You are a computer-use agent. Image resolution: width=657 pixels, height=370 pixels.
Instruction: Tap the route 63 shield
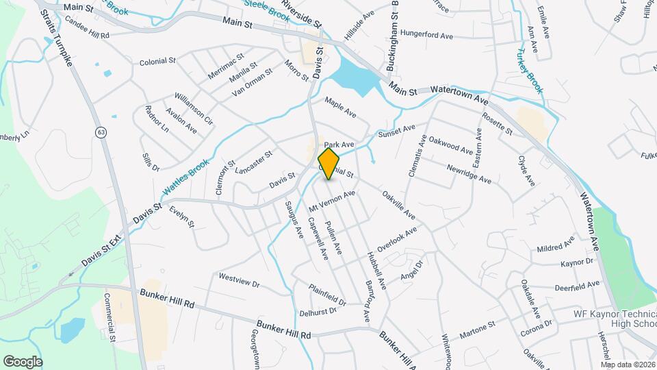point(101,132)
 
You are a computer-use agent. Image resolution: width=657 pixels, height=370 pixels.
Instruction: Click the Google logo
point(23,361)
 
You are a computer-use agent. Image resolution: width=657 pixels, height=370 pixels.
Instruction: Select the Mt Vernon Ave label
point(332,201)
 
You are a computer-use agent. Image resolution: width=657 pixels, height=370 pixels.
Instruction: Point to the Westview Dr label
point(240,280)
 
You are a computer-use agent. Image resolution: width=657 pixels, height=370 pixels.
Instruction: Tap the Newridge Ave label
point(469,174)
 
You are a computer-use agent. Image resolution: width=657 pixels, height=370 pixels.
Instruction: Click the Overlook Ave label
point(396,242)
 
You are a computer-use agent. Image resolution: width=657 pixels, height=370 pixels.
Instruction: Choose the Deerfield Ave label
point(574,287)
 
